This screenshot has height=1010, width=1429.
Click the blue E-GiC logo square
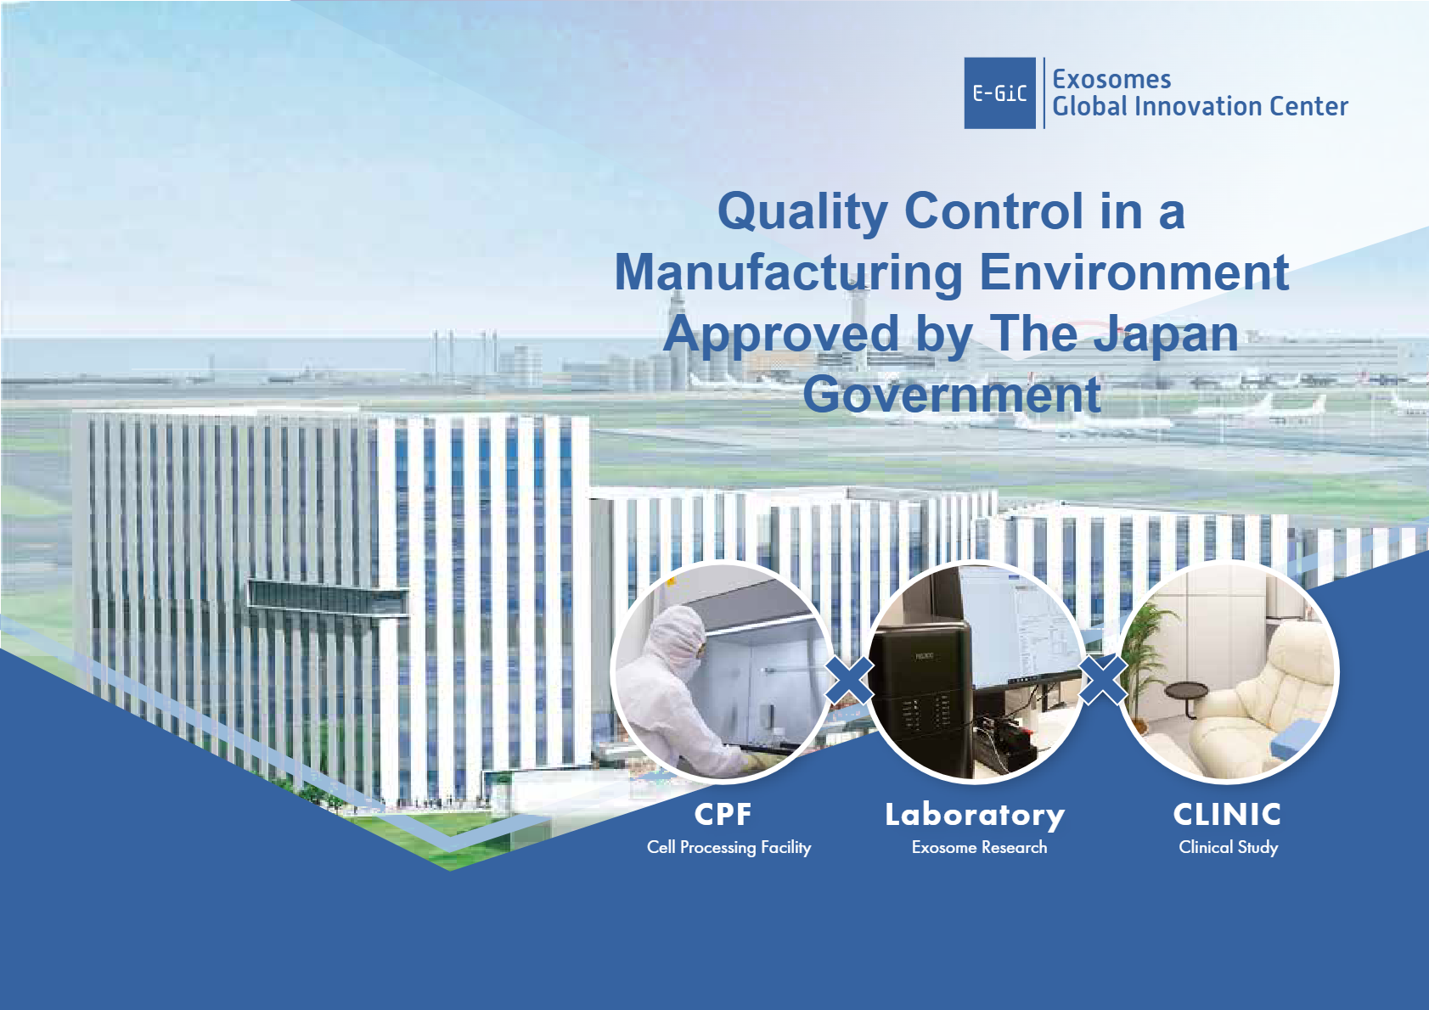(999, 93)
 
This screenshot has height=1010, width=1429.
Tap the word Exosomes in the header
(1111, 80)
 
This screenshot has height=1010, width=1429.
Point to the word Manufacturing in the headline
(789, 274)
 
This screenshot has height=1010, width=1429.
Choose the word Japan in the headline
(1166, 334)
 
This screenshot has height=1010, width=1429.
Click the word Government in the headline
(952, 395)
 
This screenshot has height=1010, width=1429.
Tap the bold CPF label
(723, 814)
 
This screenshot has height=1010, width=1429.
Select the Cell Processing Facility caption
(729, 847)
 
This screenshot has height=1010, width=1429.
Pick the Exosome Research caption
(979, 847)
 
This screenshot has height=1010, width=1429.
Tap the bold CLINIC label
(1228, 814)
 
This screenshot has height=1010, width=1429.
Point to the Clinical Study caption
(1228, 847)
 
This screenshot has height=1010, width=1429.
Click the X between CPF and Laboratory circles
(849, 680)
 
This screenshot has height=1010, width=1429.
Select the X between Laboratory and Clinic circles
(1102, 680)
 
